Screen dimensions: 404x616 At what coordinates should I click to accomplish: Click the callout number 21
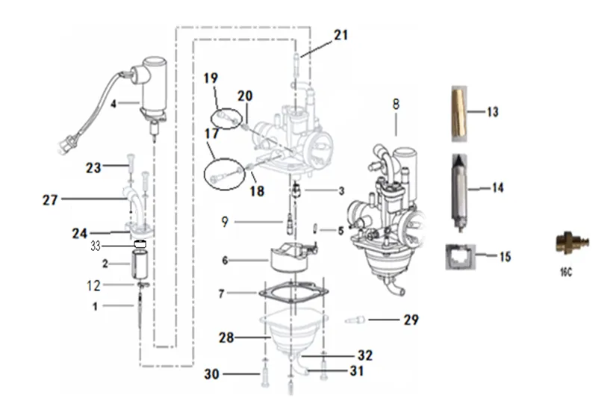[x=340, y=34]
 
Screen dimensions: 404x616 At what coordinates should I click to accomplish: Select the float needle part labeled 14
[x=459, y=189]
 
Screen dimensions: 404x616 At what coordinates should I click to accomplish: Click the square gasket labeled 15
[x=460, y=256]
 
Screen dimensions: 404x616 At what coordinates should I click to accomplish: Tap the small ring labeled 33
[x=139, y=244]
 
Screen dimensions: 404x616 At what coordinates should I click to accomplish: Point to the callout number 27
[x=50, y=199]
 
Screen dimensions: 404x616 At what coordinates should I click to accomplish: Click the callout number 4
[x=113, y=105]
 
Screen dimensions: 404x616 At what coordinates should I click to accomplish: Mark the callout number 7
[x=220, y=294]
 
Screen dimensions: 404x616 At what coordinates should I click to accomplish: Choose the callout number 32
[x=364, y=355]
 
